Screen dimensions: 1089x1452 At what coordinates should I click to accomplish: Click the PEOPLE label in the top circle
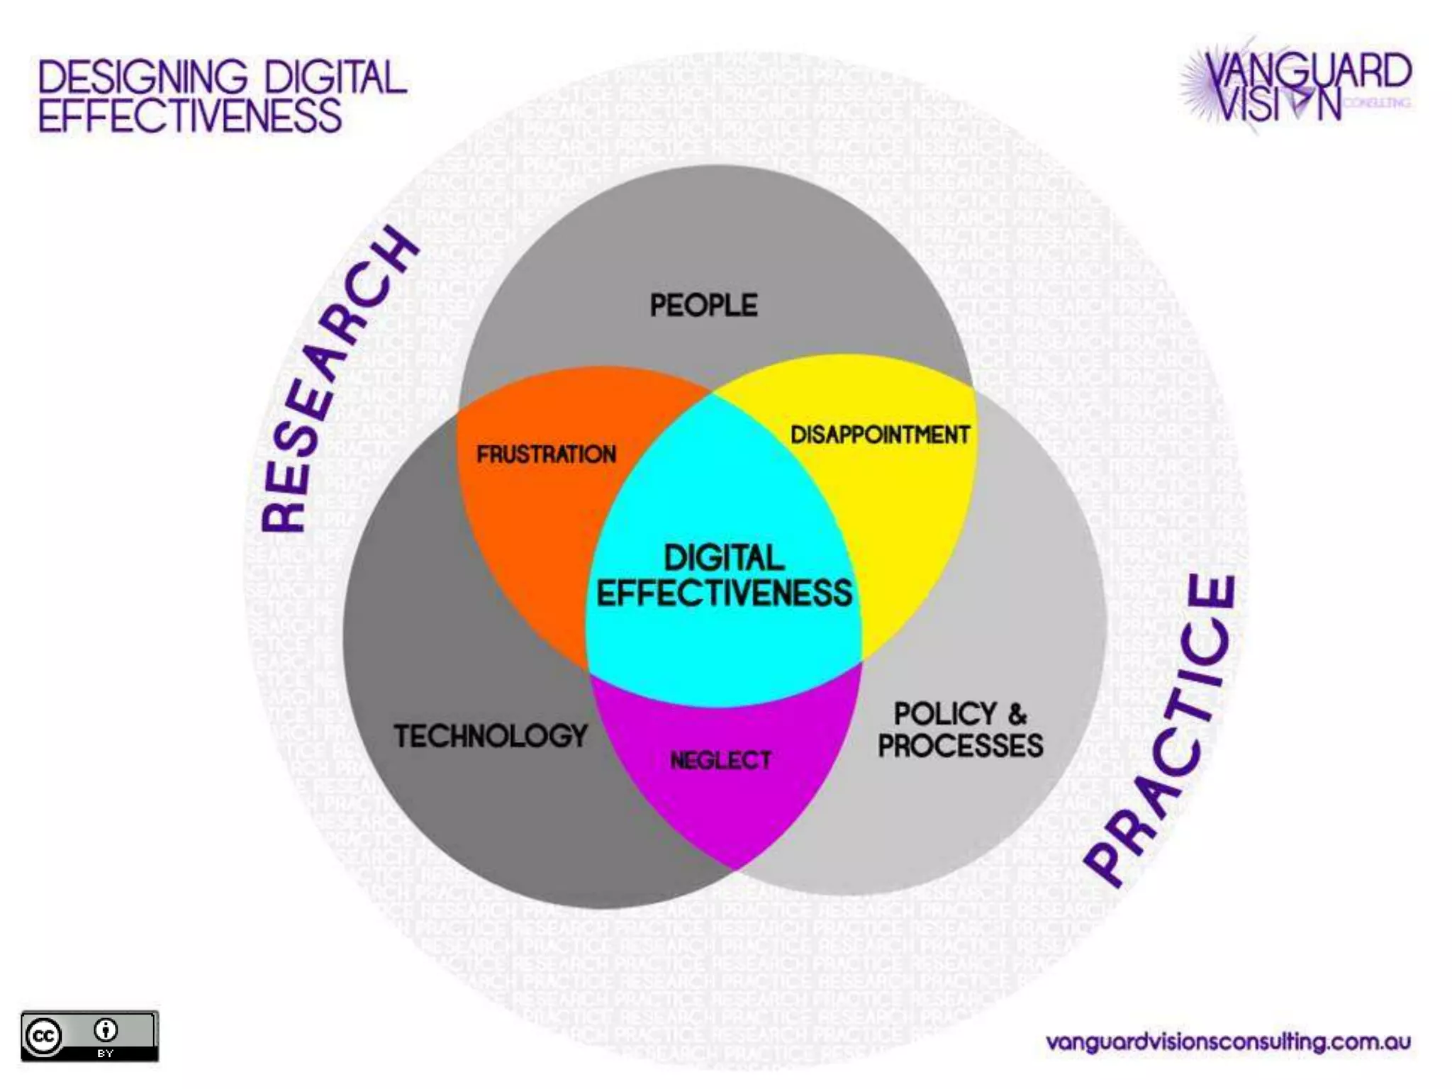point(703,306)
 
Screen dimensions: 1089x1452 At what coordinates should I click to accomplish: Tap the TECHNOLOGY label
point(491,736)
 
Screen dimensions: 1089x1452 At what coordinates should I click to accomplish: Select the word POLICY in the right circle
point(945,714)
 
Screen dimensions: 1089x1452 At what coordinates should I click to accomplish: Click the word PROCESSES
point(961,746)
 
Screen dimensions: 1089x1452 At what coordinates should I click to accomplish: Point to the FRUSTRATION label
point(546,454)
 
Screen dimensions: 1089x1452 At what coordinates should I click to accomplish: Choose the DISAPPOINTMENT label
point(880,435)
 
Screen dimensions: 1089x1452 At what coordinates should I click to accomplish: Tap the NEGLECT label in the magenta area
point(720,761)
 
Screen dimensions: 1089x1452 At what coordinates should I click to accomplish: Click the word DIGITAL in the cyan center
point(724,558)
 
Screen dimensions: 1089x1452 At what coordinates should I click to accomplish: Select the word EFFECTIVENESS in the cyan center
point(724,593)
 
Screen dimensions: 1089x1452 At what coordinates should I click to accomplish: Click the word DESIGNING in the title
point(143,77)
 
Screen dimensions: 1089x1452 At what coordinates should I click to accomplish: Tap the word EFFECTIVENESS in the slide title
point(190,116)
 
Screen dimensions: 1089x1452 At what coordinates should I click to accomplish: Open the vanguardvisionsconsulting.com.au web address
point(1228,1042)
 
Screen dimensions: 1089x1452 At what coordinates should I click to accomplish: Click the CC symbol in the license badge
point(44,1037)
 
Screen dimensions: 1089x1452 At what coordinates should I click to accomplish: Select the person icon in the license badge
point(106,1029)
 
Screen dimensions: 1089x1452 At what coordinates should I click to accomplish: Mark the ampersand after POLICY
point(1017,714)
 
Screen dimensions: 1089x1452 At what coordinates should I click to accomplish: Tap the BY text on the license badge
point(106,1054)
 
